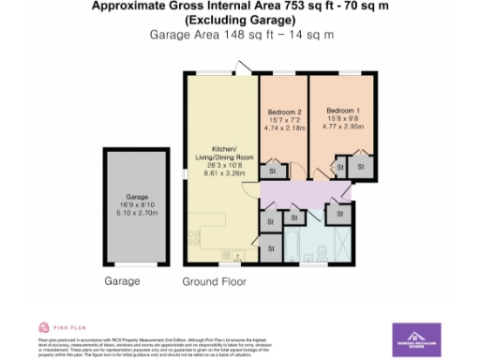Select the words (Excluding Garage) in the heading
point(239,20)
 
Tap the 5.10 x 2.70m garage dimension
point(139,213)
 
